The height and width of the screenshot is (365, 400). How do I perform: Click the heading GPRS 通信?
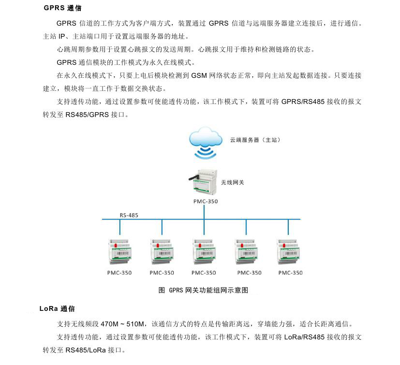(62, 8)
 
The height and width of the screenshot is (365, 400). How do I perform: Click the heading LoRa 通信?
(57, 308)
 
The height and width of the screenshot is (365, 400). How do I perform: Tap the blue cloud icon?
(206, 137)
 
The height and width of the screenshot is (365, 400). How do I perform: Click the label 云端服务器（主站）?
(255, 140)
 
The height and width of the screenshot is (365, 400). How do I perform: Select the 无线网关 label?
(232, 182)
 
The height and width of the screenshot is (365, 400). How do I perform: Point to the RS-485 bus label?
(129, 215)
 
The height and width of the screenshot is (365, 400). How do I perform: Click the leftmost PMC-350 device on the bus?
(119, 251)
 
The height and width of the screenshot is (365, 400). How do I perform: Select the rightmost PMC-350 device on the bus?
(288, 251)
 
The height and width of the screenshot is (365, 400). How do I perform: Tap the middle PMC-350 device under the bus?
(204, 251)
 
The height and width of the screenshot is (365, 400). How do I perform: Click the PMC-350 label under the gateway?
(206, 201)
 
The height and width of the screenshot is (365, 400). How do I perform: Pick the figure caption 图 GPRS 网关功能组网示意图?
(203, 290)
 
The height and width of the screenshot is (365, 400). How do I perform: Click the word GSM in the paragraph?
(199, 75)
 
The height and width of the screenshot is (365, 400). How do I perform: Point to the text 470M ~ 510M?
(122, 324)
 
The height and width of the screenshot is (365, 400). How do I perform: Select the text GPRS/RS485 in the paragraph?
(303, 102)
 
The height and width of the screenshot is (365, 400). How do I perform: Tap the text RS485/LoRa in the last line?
(86, 350)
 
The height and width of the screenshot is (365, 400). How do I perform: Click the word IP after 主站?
(62, 36)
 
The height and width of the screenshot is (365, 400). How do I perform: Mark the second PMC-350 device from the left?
(162, 251)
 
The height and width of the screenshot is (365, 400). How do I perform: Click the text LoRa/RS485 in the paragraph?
(304, 337)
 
